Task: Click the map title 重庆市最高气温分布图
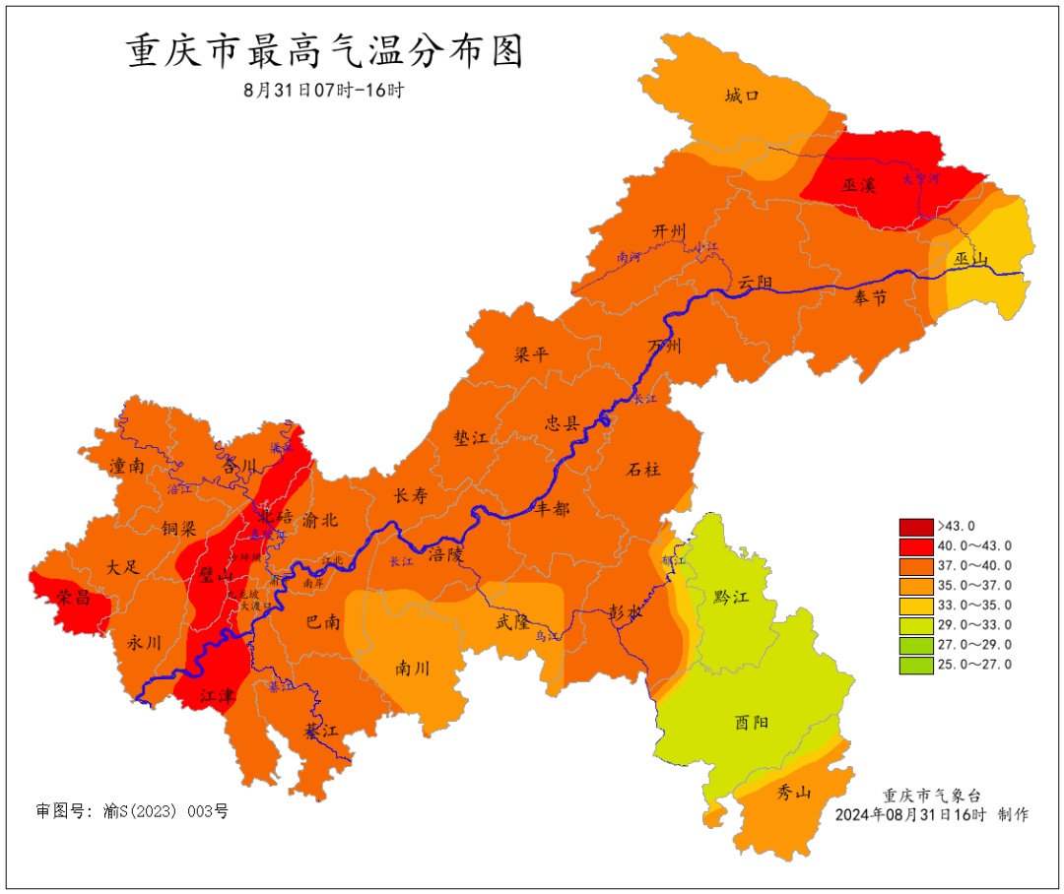tap(325, 52)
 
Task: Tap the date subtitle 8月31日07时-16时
tap(324, 90)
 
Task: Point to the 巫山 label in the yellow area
tap(971, 259)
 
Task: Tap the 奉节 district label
tap(870, 297)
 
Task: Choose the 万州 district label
tap(664, 346)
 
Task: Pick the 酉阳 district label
tap(751, 722)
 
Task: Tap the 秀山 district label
tap(793, 793)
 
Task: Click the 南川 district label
tap(412, 668)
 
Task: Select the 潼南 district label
tap(128, 466)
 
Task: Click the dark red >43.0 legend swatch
tap(915, 526)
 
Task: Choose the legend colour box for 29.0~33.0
tap(915, 625)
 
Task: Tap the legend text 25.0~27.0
tap(973, 665)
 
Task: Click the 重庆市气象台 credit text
tap(931, 796)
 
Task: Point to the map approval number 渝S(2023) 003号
tap(132, 812)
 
